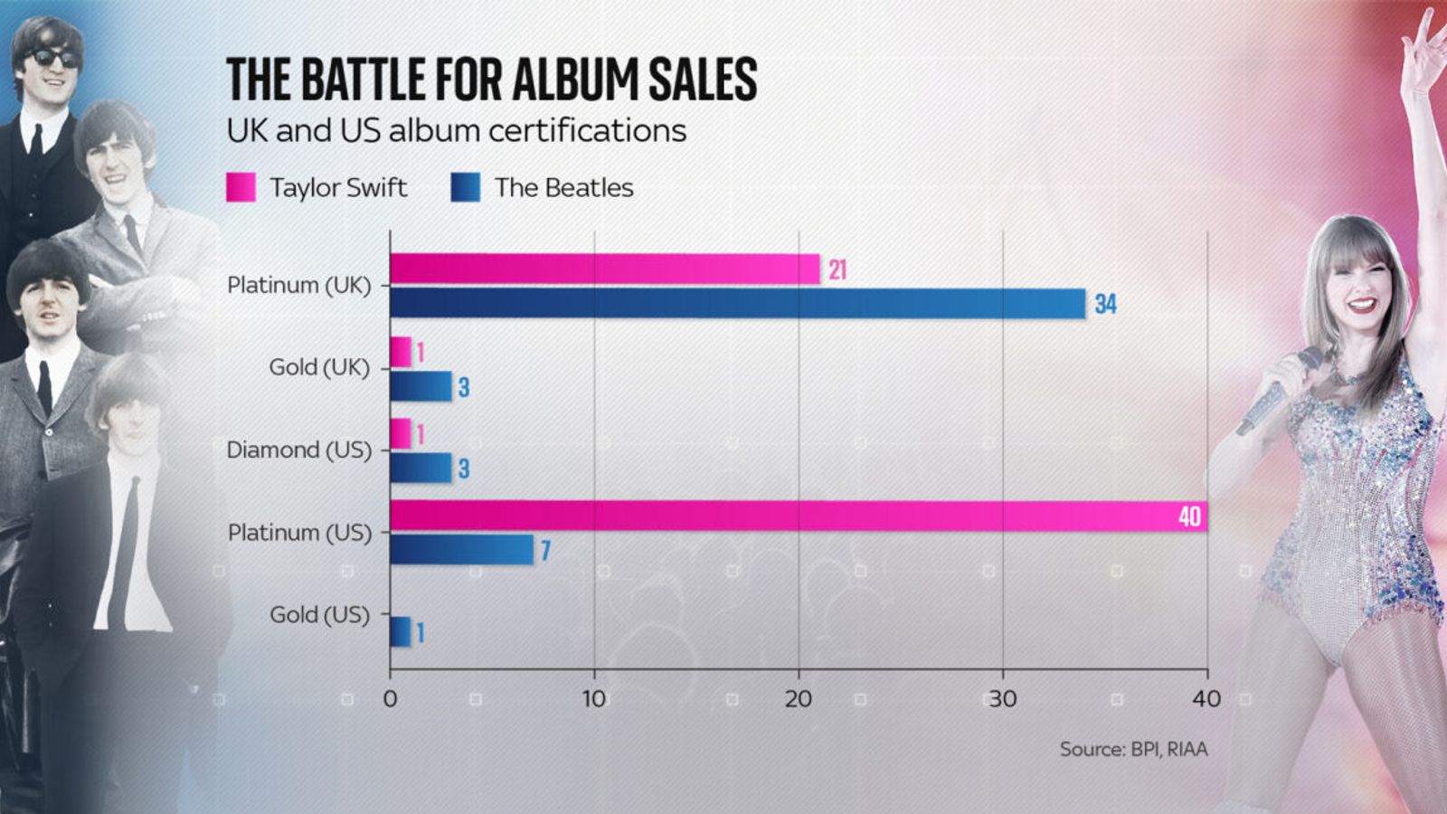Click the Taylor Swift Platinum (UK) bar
pyautogui.click(x=604, y=270)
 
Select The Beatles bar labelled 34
pyautogui.click(x=737, y=303)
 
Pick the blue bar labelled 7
pyautogui.click(x=461, y=550)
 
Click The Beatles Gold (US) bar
pyautogui.click(x=400, y=631)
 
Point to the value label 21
pyautogui.click(x=837, y=270)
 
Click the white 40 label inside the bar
pyautogui.click(x=1189, y=516)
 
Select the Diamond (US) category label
pyautogui.click(x=298, y=450)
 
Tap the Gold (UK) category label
pyautogui.click(x=319, y=367)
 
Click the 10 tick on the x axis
pyautogui.click(x=594, y=699)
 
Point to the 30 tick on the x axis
pyautogui.click(x=1002, y=699)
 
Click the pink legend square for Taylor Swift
pyautogui.click(x=241, y=187)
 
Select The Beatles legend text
pyautogui.click(x=563, y=187)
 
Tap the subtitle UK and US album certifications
pyautogui.click(x=456, y=130)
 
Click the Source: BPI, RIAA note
pyautogui.click(x=1133, y=749)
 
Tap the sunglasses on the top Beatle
pyautogui.click(x=55, y=58)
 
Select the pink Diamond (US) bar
pyautogui.click(x=400, y=433)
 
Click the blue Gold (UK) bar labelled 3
pyautogui.click(x=421, y=386)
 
